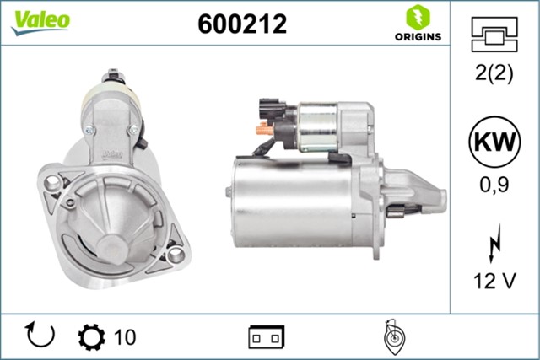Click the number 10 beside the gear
(x=124, y=337)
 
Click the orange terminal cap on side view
(x=263, y=130)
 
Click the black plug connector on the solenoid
(x=271, y=110)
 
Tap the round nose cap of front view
(x=111, y=250)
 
